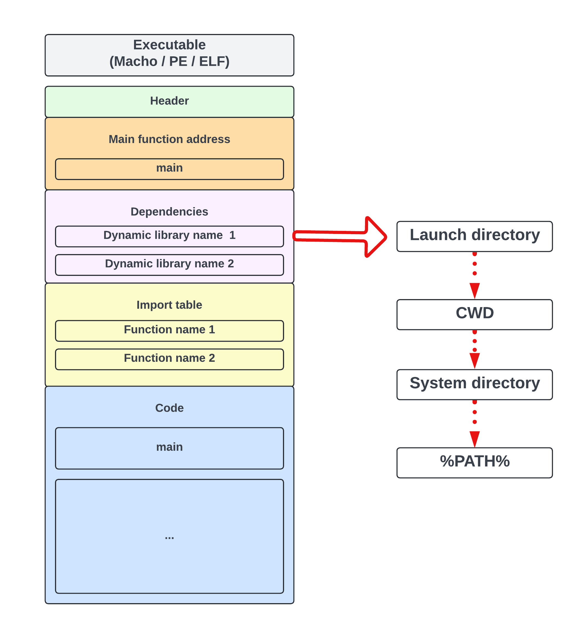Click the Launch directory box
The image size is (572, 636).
point(474,236)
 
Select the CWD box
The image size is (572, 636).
point(474,314)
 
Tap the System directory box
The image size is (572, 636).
point(474,384)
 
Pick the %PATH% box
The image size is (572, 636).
point(474,463)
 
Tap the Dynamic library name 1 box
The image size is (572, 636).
point(169,236)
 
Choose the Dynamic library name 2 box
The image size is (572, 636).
point(169,265)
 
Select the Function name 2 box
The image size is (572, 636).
point(169,359)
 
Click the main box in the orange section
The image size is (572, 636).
point(169,169)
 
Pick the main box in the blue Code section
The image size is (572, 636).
point(169,448)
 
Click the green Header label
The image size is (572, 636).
point(169,101)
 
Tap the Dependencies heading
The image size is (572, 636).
point(169,212)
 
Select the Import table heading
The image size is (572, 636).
point(169,305)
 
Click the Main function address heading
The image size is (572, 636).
point(169,139)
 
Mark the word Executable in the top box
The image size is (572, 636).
point(169,45)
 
